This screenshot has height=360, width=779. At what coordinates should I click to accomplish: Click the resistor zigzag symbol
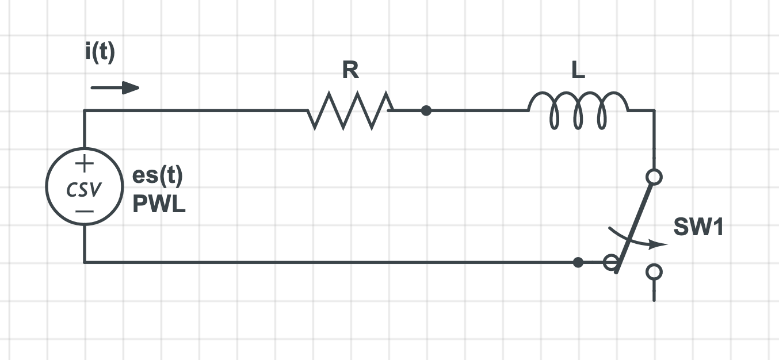(x=350, y=110)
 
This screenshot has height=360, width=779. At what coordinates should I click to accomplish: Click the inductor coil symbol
(x=578, y=110)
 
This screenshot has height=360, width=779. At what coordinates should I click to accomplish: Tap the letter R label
(x=350, y=71)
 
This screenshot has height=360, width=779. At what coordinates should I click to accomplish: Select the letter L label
(x=578, y=71)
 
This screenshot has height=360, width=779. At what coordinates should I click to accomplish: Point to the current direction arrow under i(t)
(x=115, y=88)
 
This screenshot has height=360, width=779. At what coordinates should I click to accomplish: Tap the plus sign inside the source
(x=84, y=164)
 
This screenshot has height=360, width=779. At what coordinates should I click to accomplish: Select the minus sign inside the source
(x=84, y=211)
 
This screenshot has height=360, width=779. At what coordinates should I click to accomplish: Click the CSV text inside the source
(x=84, y=189)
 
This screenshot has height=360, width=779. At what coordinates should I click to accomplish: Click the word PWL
(x=159, y=205)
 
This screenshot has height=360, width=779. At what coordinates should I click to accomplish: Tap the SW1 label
(x=698, y=229)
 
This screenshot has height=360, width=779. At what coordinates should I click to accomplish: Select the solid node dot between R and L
(x=426, y=110)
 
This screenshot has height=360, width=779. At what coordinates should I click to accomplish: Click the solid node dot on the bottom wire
(x=578, y=262)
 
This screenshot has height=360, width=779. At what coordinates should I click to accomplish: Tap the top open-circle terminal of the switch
(x=654, y=177)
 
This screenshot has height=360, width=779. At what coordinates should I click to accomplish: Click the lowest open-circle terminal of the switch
(x=654, y=271)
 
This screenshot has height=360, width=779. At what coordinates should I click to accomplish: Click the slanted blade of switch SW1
(x=633, y=224)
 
